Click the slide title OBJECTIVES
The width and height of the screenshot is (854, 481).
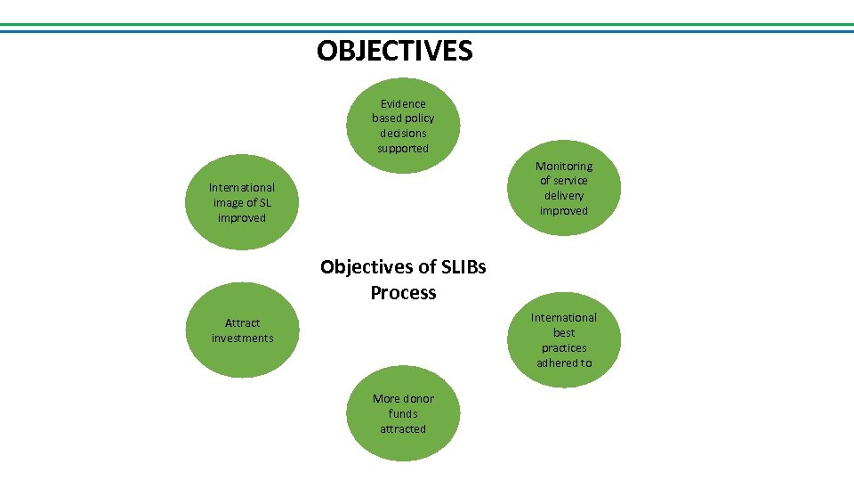394,51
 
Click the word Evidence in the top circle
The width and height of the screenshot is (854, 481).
403,103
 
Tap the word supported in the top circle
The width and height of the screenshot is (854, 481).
403,149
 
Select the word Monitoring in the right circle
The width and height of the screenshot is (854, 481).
564,166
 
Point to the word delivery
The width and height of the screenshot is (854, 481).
564,196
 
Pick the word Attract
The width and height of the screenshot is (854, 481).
242,323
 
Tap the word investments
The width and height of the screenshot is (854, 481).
242,338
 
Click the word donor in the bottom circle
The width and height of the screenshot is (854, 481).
417,399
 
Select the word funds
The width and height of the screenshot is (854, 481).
403,414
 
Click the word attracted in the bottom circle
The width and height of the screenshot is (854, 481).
403,429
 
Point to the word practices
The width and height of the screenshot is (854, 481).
564,348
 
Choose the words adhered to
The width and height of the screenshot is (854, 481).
564,363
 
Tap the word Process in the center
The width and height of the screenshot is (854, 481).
403,293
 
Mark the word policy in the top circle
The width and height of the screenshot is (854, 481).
418,118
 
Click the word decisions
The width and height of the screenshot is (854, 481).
403,134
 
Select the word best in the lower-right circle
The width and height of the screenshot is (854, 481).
564,333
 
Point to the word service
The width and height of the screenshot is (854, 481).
570,181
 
